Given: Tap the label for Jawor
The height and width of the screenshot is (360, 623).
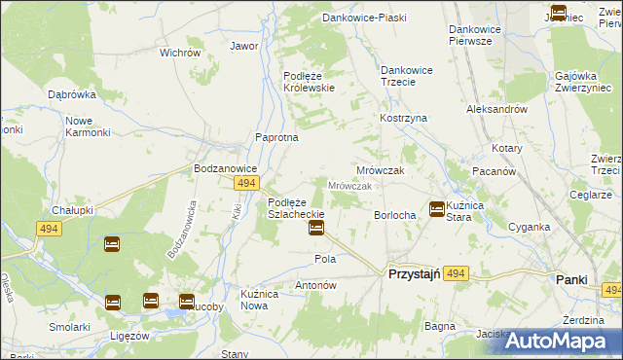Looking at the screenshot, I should [x=243, y=46].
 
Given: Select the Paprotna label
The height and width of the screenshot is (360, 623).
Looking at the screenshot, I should [x=276, y=137].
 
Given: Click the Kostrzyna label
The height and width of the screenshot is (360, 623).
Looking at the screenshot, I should [x=403, y=118].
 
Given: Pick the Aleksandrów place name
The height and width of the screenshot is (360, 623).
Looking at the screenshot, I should [x=497, y=110].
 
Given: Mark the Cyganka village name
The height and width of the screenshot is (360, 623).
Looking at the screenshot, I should [x=529, y=227].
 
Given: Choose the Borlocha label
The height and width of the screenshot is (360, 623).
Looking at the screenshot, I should [x=395, y=215].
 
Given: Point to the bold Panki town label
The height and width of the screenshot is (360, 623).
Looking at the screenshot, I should [x=571, y=279].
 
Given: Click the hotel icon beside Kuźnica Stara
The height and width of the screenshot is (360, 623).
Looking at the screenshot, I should [x=437, y=208].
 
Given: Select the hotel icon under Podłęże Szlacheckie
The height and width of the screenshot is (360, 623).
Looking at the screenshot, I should [x=316, y=229].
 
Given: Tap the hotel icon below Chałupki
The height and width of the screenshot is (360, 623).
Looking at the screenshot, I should [x=112, y=244].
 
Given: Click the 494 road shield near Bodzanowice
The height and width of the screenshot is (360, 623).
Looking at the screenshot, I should [x=246, y=183].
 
